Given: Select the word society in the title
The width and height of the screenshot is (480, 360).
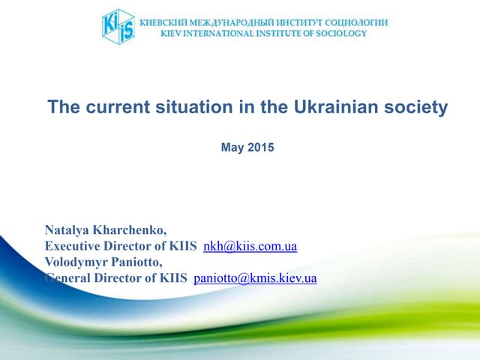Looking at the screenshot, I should [x=417, y=107].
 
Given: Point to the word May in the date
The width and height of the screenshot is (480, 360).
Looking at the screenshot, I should [x=232, y=148].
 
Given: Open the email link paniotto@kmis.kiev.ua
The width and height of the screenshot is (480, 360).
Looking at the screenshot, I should [x=255, y=278].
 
